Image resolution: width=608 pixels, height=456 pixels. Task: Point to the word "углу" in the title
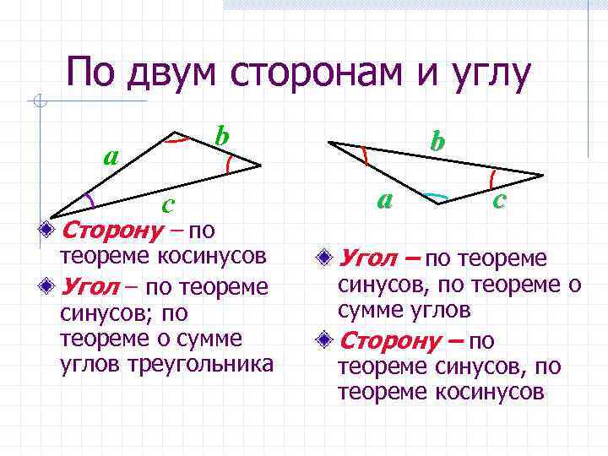[486, 73]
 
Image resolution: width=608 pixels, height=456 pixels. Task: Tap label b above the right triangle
[437, 140]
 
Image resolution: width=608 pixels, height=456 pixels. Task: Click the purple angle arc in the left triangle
[88, 199]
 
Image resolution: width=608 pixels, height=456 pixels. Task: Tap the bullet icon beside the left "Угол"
[52, 286]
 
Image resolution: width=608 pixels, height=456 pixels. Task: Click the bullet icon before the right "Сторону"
[326, 341]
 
